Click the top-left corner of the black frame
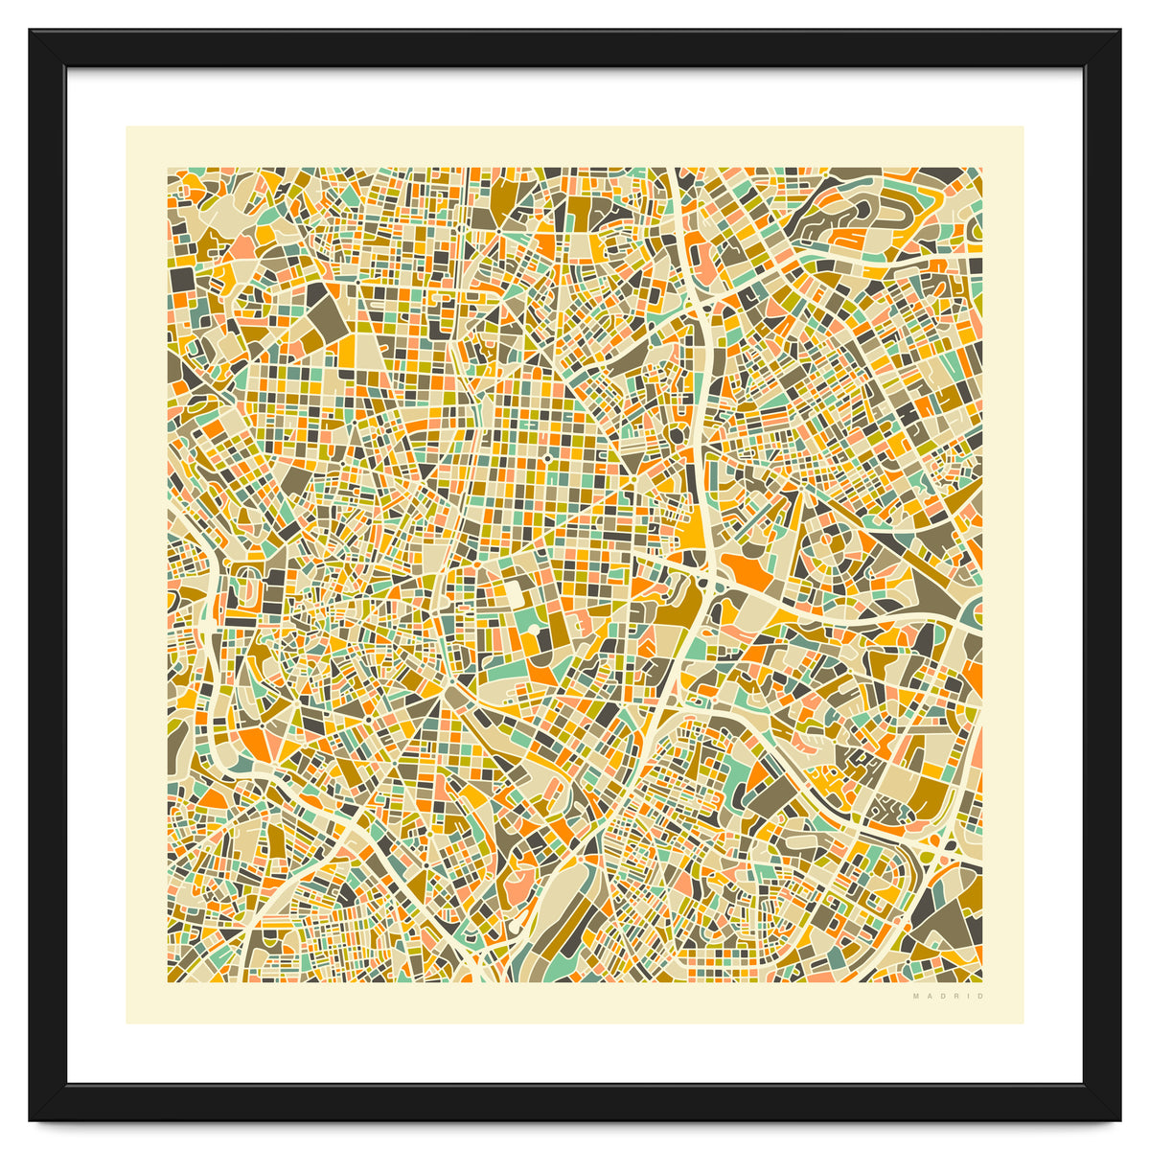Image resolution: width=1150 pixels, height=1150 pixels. pyautogui.click(x=32, y=32)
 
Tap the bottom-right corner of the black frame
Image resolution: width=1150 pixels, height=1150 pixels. pyautogui.click(x=1118, y=1118)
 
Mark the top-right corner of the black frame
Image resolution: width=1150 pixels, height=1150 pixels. pyautogui.click(x=1118, y=32)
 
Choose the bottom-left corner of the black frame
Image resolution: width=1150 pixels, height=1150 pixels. pyautogui.click(x=32, y=1118)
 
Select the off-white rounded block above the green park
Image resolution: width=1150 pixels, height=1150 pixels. pyautogui.click(x=515, y=594)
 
